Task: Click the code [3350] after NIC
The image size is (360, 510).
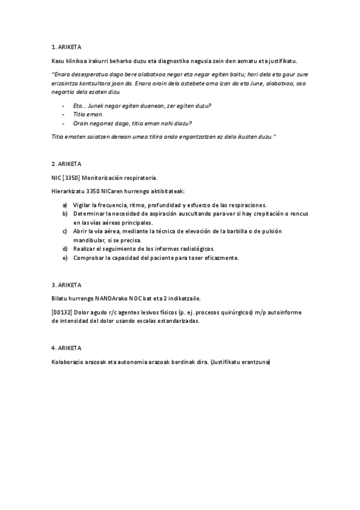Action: [71, 178]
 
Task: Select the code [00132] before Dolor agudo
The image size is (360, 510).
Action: [62, 313]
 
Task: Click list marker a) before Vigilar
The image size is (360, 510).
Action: [65, 205]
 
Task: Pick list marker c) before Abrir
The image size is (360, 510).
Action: [65, 232]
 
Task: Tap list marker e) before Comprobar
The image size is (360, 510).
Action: [65, 258]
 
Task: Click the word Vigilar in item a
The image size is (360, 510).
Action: [82, 205]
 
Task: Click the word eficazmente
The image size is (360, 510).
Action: [222, 258]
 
